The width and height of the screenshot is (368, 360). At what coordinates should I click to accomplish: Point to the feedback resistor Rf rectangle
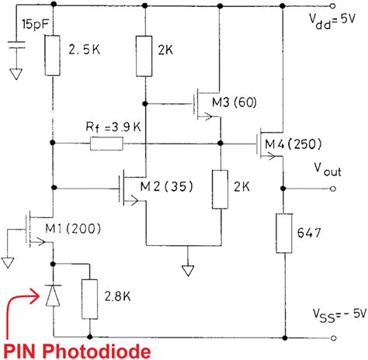(x=107, y=144)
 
